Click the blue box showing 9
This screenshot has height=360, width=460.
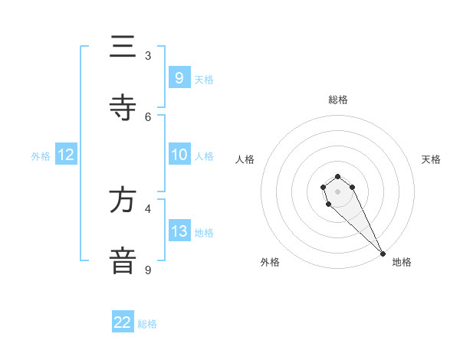point(179,77)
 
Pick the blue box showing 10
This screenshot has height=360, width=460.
point(179,155)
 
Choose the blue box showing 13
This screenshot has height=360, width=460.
point(179,231)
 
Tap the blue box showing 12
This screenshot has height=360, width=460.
point(66,155)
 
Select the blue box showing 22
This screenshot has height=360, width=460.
point(123,322)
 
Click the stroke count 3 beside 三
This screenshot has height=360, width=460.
point(148,56)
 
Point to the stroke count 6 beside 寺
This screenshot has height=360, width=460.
point(148,117)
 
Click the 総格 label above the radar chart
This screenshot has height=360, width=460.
point(338,100)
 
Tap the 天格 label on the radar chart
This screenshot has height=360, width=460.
point(431,159)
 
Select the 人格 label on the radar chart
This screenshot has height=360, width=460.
point(245,159)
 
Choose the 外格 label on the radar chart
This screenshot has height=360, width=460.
point(269,262)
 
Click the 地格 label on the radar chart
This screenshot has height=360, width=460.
point(402,262)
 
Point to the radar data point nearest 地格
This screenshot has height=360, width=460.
point(383,254)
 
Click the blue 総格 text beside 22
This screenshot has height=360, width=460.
point(147,324)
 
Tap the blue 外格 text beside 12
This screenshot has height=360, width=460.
point(41,156)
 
